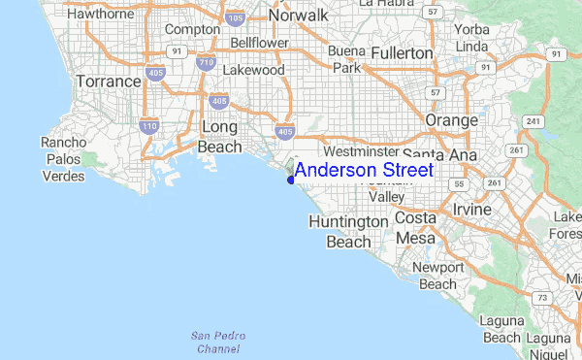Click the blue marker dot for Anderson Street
[290, 179]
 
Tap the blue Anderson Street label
[364, 171]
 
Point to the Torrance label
[109, 81]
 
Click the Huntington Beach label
[347, 231]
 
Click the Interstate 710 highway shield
[204, 63]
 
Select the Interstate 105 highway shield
[235, 17]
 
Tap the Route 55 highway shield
[461, 182]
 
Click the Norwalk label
[299, 16]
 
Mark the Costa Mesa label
[415, 229]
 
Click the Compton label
[192, 30]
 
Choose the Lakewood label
[253, 71]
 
